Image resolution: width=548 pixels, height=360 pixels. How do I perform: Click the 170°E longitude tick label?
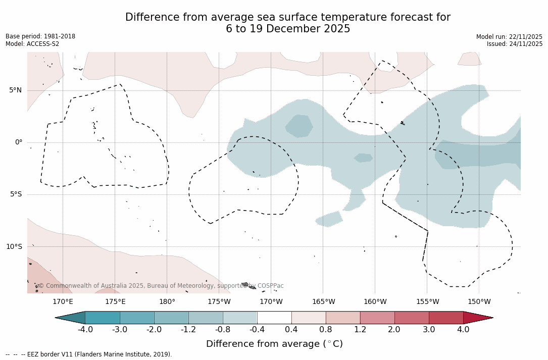click(x=63, y=302)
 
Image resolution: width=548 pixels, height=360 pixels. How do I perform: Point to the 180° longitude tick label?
click(x=167, y=302)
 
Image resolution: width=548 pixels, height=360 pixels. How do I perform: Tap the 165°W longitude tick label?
click(x=323, y=302)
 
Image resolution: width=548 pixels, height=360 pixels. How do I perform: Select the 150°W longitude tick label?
click(x=479, y=302)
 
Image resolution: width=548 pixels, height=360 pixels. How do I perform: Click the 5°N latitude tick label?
click(x=15, y=90)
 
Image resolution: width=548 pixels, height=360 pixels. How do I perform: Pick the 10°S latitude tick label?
click(x=14, y=247)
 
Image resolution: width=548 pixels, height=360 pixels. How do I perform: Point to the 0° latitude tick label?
click(x=18, y=142)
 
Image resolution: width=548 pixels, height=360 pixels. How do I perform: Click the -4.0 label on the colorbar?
click(x=85, y=330)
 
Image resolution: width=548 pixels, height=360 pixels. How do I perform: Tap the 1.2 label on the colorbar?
click(x=360, y=330)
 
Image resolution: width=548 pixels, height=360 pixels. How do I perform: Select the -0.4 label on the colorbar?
click(x=257, y=330)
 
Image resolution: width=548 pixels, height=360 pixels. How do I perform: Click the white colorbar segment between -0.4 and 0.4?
click(x=274, y=318)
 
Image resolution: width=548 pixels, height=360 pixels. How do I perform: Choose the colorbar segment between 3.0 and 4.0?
click(x=446, y=318)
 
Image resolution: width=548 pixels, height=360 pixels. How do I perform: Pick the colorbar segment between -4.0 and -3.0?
click(x=103, y=318)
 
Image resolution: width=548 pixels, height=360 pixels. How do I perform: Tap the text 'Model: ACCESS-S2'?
click(x=32, y=44)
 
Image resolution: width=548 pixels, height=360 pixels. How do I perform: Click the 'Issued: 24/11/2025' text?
click(x=515, y=44)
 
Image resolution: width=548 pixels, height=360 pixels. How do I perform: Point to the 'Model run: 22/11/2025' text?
click(x=509, y=37)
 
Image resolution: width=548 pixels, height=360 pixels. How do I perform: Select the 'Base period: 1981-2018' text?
click(x=40, y=36)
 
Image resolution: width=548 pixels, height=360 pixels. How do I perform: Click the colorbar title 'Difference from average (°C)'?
click(x=274, y=344)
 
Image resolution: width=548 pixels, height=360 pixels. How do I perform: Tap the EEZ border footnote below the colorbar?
click(x=89, y=354)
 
